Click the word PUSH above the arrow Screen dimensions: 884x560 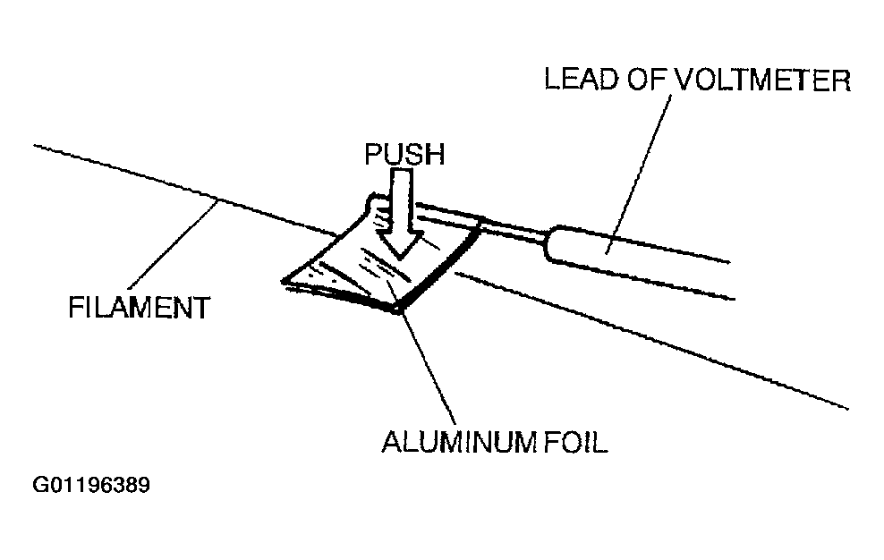[x=404, y=154]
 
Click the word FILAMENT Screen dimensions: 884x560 [x=140, y=308]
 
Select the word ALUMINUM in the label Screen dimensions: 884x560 [x=460, y=442]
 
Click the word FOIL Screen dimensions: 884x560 [x=576, y=442]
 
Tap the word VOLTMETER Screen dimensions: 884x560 [x=763, y=80]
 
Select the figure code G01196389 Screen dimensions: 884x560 [x=91, y=485]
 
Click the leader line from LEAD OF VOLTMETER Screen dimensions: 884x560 [x=639, y=174]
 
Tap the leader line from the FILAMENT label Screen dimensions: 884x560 [x=174, y=245]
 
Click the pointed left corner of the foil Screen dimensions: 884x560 [x=283, y=280]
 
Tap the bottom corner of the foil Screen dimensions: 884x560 [x=397, y=310]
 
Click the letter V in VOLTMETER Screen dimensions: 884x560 [x=685, y=80]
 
